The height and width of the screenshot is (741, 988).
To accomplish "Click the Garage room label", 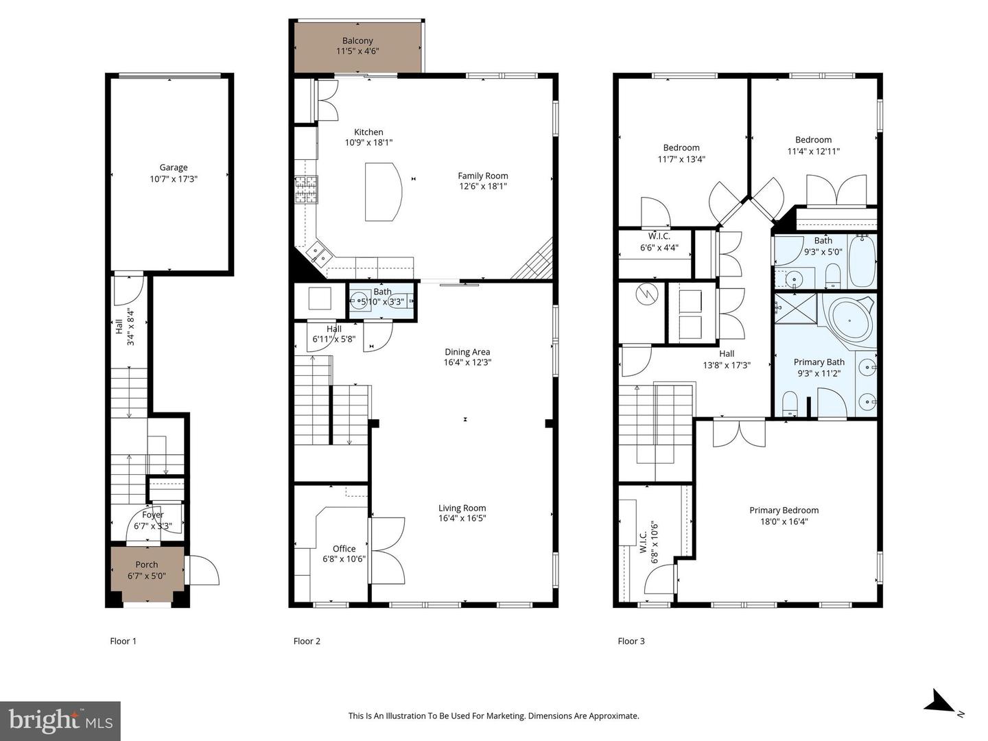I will pos(174,167).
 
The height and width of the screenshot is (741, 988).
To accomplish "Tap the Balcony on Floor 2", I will pos(357,47).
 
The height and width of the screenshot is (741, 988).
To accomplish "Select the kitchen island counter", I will pos(382,191).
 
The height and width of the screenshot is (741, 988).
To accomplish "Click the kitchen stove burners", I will pos(307,190).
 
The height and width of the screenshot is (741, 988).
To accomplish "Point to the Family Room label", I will pos(483,176).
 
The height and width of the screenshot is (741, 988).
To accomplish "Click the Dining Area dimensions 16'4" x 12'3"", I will pos(467,362).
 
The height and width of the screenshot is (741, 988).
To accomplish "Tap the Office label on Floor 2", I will pos(344,548).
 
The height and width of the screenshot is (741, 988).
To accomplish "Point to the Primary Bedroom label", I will pos(784,510).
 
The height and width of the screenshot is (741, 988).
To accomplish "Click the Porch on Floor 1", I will pos(147,569).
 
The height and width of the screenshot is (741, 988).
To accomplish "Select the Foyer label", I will pos(152,515).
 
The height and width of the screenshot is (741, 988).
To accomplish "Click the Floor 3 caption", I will pos(631,641).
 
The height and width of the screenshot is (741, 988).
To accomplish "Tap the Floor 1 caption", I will pos(123,641).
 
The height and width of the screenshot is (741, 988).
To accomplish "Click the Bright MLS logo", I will pos(60,720).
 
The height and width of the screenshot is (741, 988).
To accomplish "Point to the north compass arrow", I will pos(939,703).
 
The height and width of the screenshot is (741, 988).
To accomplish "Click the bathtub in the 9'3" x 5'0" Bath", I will pos(862,261).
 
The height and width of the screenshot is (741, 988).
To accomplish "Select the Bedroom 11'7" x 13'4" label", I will pos(681,148).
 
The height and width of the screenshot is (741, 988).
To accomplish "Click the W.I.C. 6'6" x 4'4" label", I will pos(659,236).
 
